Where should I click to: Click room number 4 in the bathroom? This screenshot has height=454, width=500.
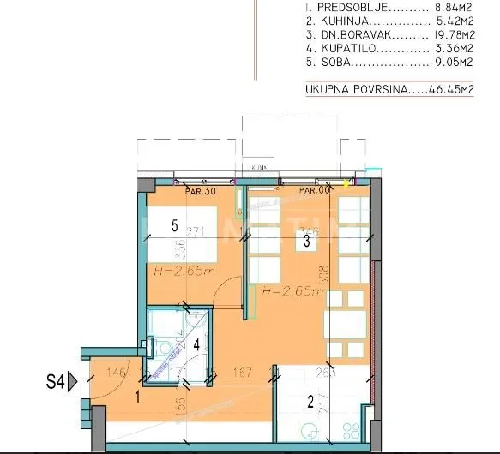point(196,345)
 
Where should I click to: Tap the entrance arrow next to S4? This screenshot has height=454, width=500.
point(75,379)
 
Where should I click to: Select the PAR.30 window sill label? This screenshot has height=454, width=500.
point(201,191)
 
